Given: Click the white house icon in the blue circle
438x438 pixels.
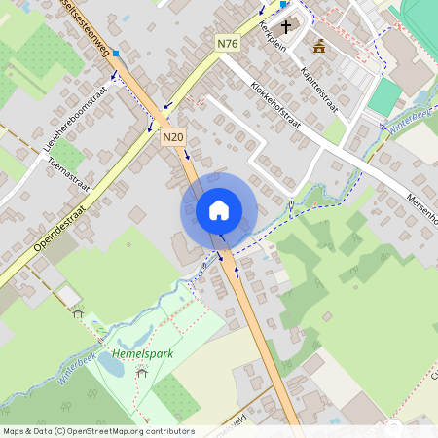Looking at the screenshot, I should click(218, 210).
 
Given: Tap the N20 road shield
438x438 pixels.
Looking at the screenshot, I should click(173, 138).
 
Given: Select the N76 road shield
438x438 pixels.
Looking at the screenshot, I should click(228, 43).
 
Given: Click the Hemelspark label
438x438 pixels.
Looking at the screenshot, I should click(142, 353).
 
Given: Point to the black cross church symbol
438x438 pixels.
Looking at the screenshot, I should click(286, 26).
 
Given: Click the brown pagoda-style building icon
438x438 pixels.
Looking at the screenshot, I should click(319, 45).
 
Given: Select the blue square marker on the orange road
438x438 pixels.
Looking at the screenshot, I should click(116, 53).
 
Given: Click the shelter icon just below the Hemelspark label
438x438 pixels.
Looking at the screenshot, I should click(141, 372).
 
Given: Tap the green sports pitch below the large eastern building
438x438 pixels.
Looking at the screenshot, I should click(385, 96).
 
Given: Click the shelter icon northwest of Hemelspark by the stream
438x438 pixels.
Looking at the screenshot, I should click(78, 312).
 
